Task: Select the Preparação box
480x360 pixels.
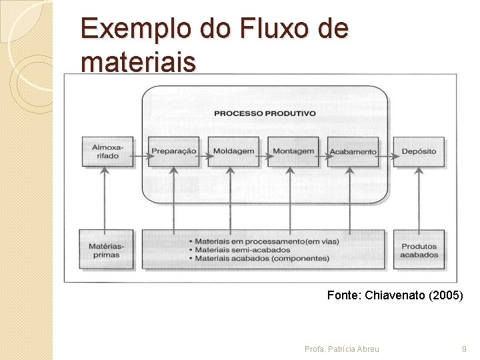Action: (x=173, y=151)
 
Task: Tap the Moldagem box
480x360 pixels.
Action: (x=233, y=151)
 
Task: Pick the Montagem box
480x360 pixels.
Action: (x=293, y=151)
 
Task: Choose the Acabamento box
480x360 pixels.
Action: (x=353, y=151)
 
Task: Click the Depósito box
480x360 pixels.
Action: (x=419, y=151)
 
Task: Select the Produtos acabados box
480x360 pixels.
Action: (x=419, y=250)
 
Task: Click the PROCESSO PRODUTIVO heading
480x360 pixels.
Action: (x=265, y=113)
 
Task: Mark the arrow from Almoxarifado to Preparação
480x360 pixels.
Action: (x=140, y=158)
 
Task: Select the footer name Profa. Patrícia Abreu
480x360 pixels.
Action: (x=341, y=349)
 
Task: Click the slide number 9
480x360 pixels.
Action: (x=464, y=349)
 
